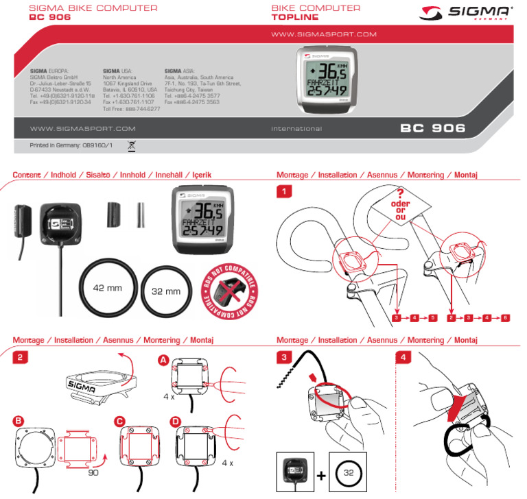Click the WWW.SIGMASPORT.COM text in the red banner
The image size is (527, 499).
tap(324, 34)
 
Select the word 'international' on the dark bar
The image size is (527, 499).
tap(296, 129)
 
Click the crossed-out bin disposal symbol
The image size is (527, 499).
tap(132, 145)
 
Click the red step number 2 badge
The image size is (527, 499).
tap(21, 357)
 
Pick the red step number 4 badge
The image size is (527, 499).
tap(405, 357)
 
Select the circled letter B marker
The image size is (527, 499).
tap(19, 420)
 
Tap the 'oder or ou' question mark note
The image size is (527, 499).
tap(399, 204)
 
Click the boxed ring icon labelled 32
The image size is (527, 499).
tap(348, 472)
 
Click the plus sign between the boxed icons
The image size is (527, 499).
tap(321, 474)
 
